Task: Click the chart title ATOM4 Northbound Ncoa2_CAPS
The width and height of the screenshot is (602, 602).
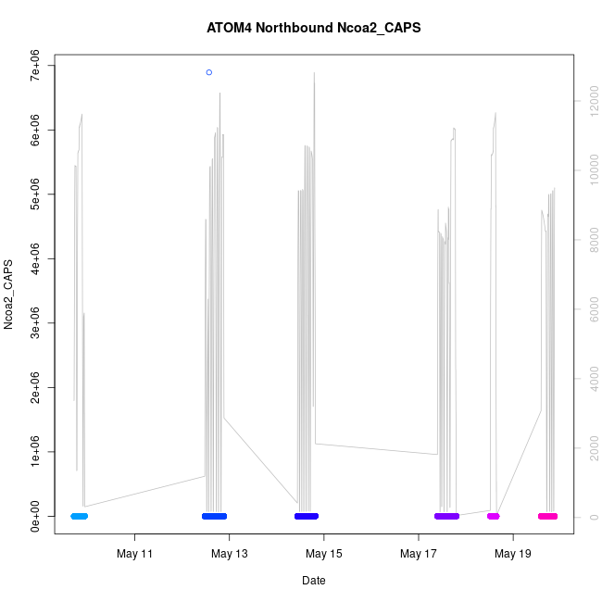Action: tap(314, 28)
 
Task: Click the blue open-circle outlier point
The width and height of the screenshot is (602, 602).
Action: tap(209, 72)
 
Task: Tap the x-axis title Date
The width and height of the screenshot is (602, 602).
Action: tap(314, 581)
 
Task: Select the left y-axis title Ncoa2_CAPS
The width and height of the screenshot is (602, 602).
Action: tap(9, 295)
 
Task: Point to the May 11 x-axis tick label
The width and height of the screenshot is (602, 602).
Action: tap(135, 554)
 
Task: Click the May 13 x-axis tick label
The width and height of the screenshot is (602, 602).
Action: tap(230, 554)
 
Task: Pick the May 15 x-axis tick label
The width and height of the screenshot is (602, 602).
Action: tap(324, 554)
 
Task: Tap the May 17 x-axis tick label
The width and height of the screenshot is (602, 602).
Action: tap(419, 554)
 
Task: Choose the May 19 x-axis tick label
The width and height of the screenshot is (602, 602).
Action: tap(513, 554)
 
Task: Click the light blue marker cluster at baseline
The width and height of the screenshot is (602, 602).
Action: tap(80, 516)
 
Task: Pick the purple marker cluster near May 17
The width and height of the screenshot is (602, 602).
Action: tap(446, 516)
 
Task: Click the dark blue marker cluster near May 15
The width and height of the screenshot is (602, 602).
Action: tap(307, 516)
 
